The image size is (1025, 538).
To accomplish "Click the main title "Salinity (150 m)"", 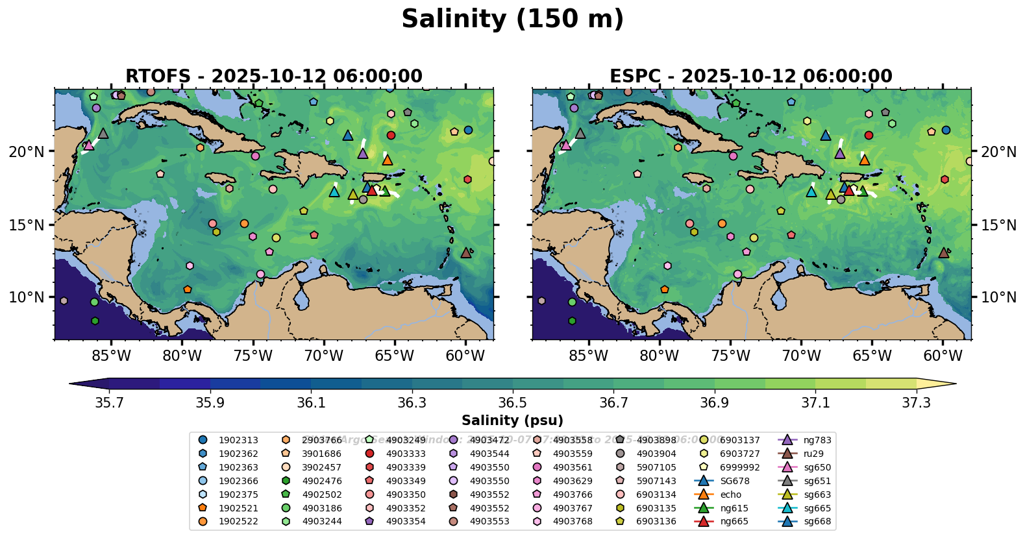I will pyautogui.click(x=512, y=19).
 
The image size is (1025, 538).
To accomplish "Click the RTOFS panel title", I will pyautogui.click(x=273, y=76).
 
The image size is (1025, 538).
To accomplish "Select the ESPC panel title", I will pyautogui.click(x=750, y=76).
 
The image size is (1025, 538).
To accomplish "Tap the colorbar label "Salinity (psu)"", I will pyautogui.click(x=512, y=421).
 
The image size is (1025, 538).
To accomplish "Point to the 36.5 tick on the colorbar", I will pyautogui.click(x=512, y=403).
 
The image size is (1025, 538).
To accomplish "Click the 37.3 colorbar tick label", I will pyautogui.click(x=916, y=403).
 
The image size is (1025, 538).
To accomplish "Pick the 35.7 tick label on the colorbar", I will pyautogui.click(x=109, y=403).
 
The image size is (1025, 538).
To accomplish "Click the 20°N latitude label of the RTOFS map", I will pyautogui.click(x=27, y=152).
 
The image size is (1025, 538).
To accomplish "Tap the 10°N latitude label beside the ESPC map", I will pyautogui.click(x=998, y=297).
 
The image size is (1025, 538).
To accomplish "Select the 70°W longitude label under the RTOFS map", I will pyautogui.click(x=323, y=356).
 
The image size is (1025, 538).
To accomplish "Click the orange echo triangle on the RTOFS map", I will pyautogui.click(x=388, y=160).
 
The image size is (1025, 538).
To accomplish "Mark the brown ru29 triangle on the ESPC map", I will pyautogui.click(x=944, y=252).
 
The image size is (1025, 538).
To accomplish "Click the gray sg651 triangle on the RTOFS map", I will pyautogui.click(x=103, y=134).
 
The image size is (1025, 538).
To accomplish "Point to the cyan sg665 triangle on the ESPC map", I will pyautogui.click(x=811, y=191).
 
